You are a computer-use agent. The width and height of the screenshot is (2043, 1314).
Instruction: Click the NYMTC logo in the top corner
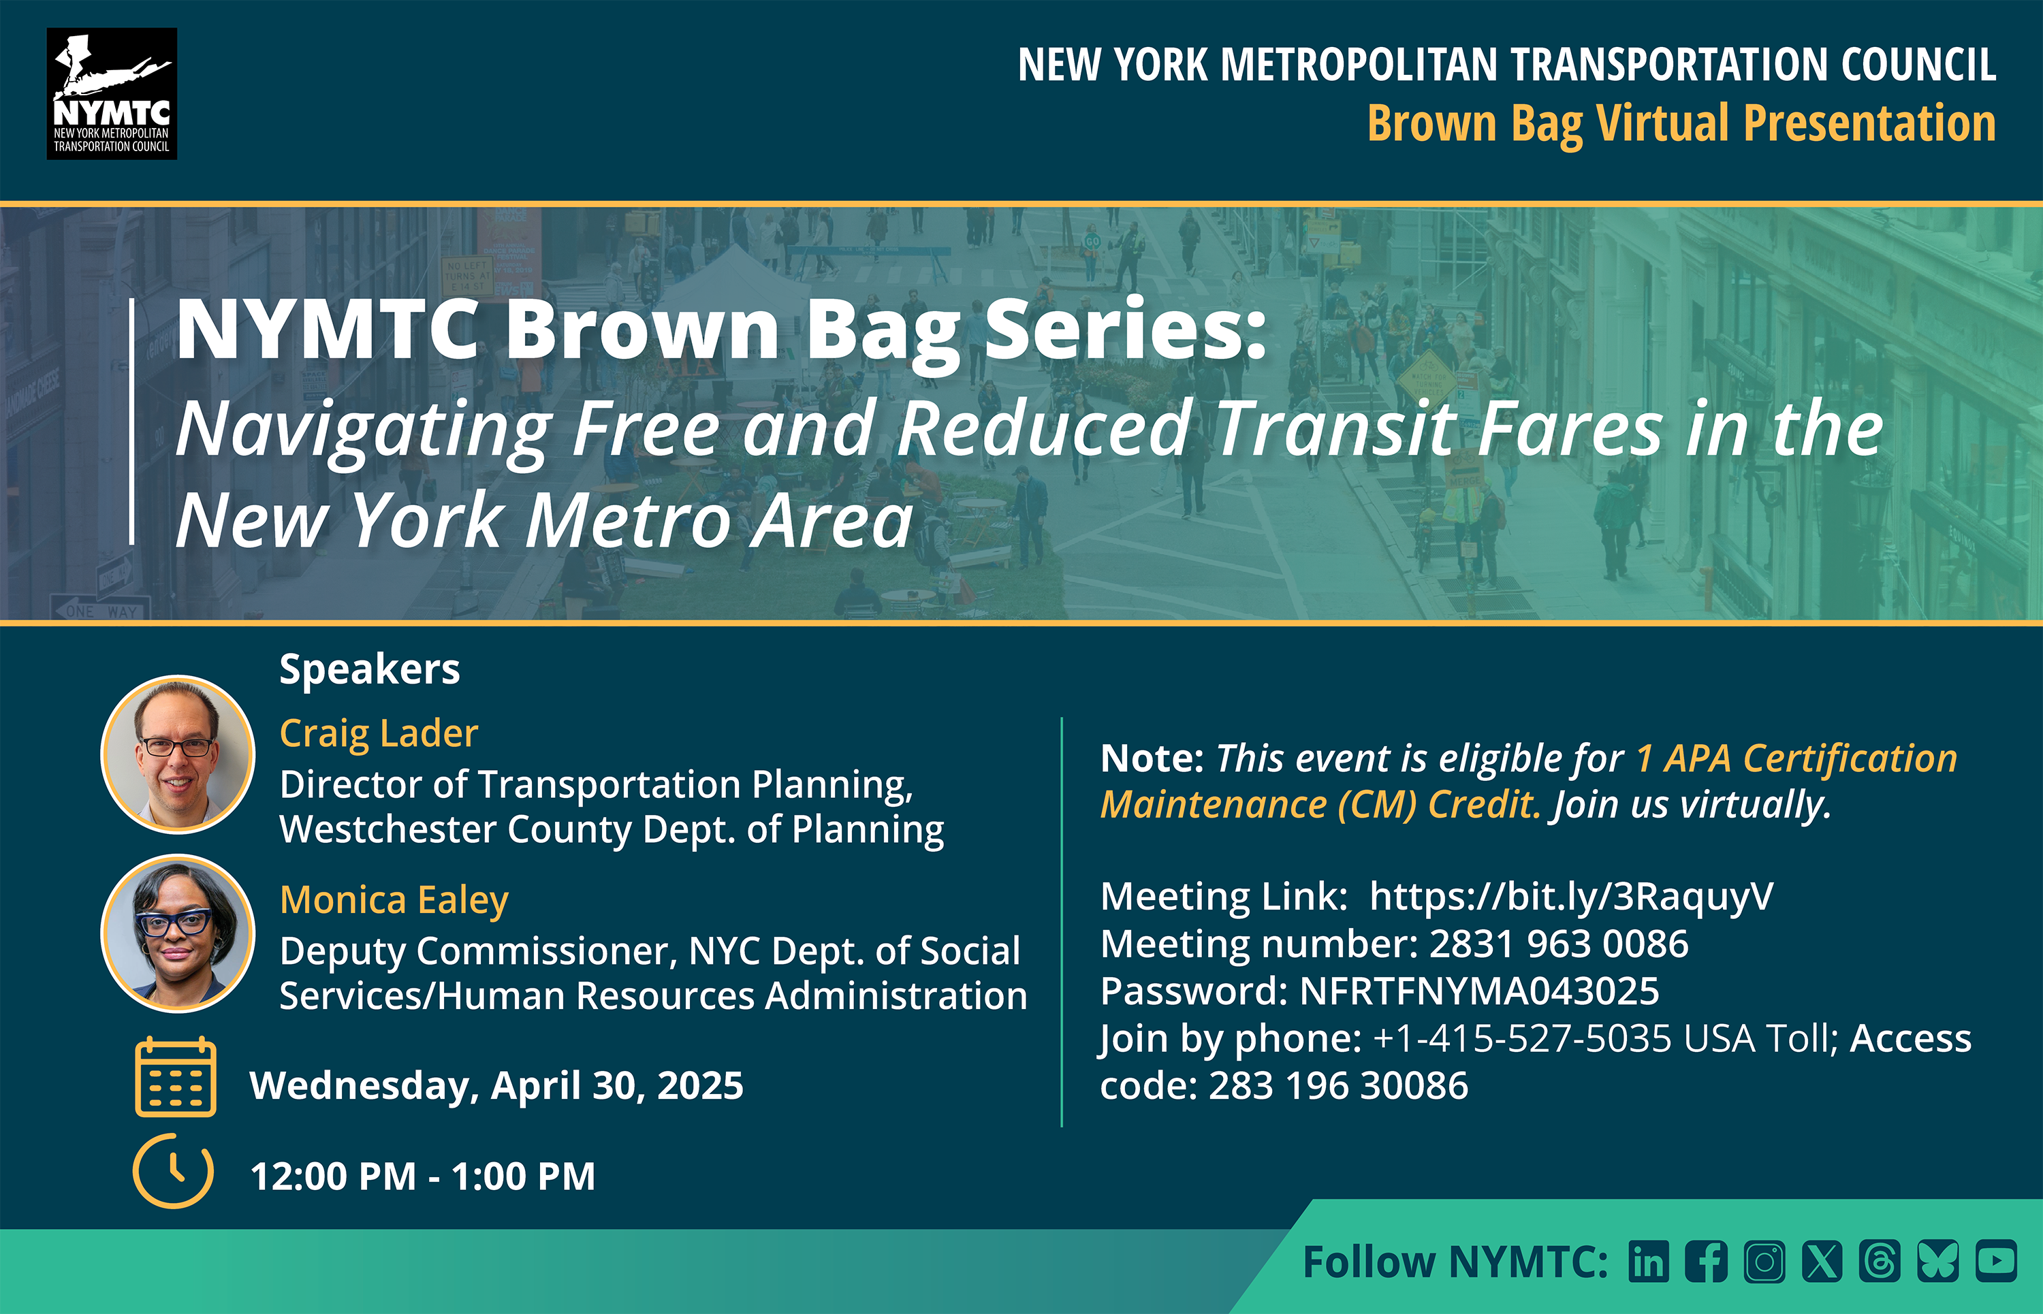(112, 94)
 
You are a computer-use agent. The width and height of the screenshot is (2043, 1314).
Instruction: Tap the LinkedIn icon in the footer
(1648, 1261)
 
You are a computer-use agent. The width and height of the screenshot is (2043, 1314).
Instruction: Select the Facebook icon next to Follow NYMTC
(1706, 1261)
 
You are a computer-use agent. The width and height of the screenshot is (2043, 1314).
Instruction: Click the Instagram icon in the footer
(1764, 1261)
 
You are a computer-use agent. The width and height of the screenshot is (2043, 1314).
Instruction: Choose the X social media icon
(1822, 1261)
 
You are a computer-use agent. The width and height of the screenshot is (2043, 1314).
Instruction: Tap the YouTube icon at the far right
(1996, 1260)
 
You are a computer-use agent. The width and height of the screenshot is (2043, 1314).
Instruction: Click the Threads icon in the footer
(1880, 1261)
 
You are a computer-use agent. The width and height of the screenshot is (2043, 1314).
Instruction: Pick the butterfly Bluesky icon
(1938, 1261)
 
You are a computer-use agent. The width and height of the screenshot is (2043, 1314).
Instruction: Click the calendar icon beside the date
(176, 1077)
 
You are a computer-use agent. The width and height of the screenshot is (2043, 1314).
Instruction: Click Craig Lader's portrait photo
(178, 754)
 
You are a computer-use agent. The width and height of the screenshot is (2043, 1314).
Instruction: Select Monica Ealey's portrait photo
(178, 933)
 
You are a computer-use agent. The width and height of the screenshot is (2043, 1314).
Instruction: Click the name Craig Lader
(379, 733)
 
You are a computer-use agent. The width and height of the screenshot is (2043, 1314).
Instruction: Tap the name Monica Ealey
(394, 899)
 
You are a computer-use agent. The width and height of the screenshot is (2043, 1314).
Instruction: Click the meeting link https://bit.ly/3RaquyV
(1571, 896)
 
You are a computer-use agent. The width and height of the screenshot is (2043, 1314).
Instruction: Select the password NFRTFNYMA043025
(1479, 991)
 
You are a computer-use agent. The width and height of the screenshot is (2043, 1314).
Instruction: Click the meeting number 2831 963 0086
(1558, 944)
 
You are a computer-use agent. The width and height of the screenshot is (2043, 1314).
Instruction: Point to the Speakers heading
(370, 669)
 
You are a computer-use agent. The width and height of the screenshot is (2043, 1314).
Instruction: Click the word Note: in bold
(1151, 758)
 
